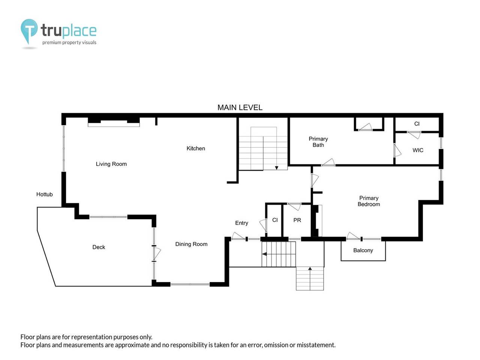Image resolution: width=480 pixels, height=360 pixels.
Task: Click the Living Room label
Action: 111,164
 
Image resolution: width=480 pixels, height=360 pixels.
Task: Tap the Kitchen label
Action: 196,148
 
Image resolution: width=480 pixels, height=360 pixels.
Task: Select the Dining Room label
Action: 191,244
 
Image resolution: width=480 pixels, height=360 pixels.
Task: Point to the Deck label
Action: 99,247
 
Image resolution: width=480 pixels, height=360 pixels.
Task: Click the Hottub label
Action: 44,194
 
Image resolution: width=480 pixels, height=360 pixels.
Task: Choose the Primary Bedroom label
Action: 369,201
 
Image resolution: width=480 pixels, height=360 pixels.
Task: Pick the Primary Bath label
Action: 318,142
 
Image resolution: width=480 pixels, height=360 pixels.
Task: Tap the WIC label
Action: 418,150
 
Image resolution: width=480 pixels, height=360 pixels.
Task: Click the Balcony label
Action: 363,250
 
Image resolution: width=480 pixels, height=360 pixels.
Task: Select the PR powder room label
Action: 297,220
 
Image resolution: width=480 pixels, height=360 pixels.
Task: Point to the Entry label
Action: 241,223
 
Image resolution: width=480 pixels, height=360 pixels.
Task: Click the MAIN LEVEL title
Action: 240,107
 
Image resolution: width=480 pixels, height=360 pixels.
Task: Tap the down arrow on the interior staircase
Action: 277,168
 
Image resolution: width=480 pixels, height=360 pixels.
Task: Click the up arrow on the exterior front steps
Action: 310,268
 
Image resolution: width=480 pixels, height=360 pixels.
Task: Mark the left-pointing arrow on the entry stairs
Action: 264,254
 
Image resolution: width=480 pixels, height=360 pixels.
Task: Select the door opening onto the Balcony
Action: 353,236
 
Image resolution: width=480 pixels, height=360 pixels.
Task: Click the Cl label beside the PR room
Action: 275,220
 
